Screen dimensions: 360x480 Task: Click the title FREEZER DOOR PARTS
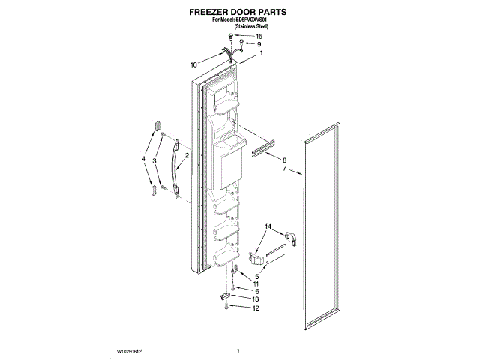click(239, 13)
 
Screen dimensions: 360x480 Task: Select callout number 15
click(259, 36)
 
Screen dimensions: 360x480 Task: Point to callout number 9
click(259, 44)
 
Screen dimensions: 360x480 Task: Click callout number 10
click(193, 65)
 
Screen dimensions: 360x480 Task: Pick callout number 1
click(261, 54)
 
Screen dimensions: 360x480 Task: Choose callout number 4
click(143, 159)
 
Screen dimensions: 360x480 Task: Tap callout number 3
click(154, 160)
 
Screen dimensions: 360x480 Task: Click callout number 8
click(284, 160)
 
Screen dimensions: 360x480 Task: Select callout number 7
click(284, 169)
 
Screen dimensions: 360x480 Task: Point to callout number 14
click(267, 226)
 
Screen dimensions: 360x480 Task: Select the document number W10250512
click(130, 349)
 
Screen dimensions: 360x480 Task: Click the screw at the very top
click(232, 36)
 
